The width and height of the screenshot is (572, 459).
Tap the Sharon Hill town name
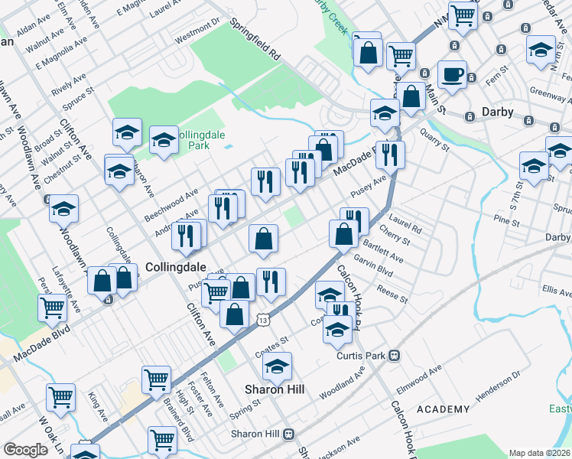pos(275,389)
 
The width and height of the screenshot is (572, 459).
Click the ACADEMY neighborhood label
pos(444,409)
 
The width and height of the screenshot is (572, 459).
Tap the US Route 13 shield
pos(262,317)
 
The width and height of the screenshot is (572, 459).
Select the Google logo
pos(25,449)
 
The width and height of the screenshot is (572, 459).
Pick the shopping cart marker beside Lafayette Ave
pos(53,308)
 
